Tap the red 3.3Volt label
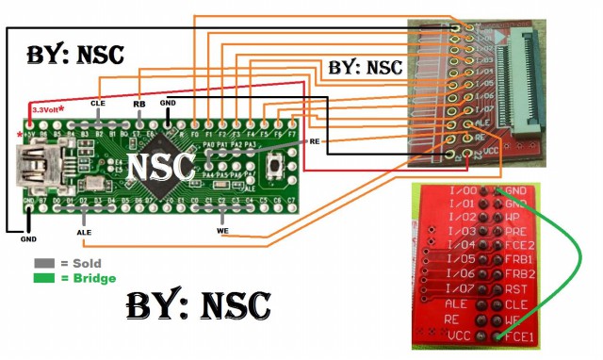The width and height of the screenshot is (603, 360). (x=47, y=110)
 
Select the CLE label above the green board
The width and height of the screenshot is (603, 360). (x=98, y=102)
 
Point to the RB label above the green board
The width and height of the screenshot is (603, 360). (x=139, y=102)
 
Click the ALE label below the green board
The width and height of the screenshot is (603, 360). (x=83, y=230)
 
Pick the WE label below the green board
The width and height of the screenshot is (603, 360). (x=222, y=229)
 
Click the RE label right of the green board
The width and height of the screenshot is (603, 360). (x=315, y=140)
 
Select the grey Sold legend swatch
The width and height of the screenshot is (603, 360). (x=43, y=264)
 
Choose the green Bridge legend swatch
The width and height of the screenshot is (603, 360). (x=43, y=278)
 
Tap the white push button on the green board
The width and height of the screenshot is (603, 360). (x=274, y=169)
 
